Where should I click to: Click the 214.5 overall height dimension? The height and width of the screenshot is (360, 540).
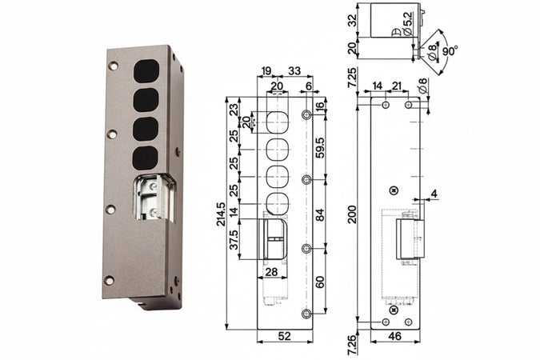coord(222,214)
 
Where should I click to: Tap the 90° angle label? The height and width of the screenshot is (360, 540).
coord(450,50)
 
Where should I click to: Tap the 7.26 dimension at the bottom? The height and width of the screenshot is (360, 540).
coord(353,345)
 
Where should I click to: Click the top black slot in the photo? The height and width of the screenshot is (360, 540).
coord(146,69)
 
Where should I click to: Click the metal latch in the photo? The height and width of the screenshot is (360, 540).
coord(154,197)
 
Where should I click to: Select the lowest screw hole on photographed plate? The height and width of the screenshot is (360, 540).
coord(109,279)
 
